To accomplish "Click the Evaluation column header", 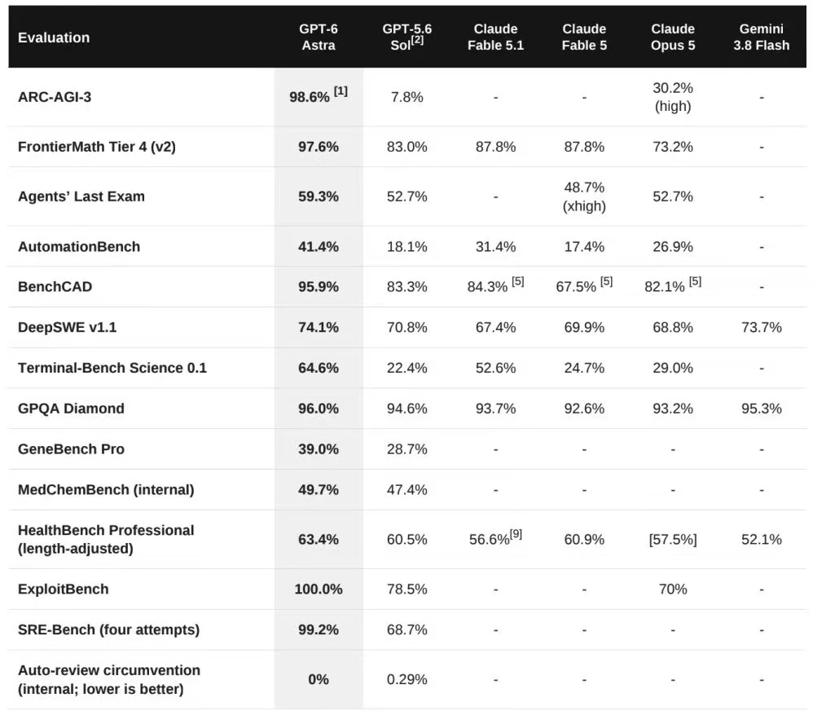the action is (x=54, y=38).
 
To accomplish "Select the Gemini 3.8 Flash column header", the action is (x=761, y=37).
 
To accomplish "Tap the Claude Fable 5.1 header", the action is (x=495, y=37).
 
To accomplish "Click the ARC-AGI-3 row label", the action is (x=55, y=97).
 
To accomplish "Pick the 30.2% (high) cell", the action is (x=673, y=97).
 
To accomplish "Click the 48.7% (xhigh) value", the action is (x=584, y=197).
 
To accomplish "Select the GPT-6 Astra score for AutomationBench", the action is (x=319, y=246).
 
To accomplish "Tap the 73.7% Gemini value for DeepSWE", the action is (x=761, y=328).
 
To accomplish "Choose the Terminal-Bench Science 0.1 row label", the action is (x=112, y=368).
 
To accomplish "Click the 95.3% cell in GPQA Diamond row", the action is (x=761, y=408).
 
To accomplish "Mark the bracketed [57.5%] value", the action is (x=673, y=540).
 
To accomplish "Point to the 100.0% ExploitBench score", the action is (x=319, y=589).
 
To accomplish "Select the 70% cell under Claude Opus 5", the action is (x=673, y=589).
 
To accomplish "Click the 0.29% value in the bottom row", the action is (x=407, y=679).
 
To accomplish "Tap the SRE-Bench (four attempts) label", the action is (x=109, y=629).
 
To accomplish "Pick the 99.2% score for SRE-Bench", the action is (x=319, y=629).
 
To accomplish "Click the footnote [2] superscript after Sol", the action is (x=417, y=40).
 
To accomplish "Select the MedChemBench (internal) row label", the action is (x=106, y=489).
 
